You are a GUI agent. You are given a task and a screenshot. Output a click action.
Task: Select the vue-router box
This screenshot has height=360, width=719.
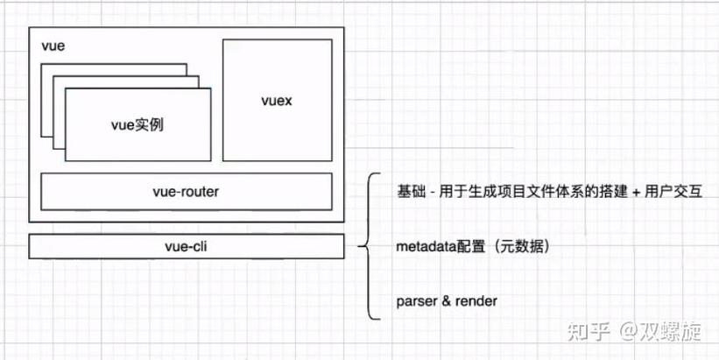(187, 191)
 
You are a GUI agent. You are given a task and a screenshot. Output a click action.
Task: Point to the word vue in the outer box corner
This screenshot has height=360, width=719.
(52, 44)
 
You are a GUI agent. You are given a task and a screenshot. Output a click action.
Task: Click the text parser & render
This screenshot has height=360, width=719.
(447, 300)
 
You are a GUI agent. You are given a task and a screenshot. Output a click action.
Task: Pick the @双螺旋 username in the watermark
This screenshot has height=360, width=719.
(661, 331)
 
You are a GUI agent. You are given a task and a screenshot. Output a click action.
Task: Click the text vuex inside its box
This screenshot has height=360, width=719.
(277, 101)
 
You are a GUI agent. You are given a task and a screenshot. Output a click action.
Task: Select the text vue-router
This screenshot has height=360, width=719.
(187, 191)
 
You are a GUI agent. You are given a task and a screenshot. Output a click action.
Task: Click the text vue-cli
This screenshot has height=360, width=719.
(187, 246)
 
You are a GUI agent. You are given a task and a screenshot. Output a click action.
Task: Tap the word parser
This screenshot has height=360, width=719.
(415, 301)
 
